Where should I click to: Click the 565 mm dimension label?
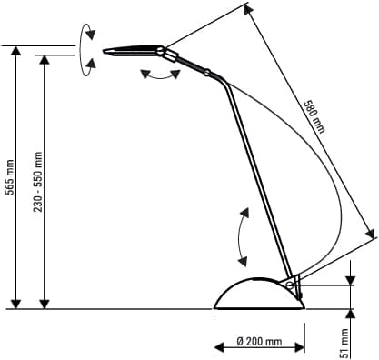click(x=10, y=177)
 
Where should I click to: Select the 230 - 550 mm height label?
click(x=38, y=182)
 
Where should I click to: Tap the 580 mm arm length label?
click(x=314, y=116)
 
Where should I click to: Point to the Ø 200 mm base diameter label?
click(x=259, y=342)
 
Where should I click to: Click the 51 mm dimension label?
click(x=344, y=344)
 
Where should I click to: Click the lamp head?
click(x=134, y=50)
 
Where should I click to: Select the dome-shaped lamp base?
click(x=259, y=294)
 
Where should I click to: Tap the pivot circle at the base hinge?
click(x=290, y=285)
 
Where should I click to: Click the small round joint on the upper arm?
click(x=207, y=73)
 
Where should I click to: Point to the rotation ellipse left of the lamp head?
click(x=81, y=50)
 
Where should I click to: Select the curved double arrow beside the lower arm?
click(x=239, y=237)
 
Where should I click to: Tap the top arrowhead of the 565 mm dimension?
click(x=15, y=50)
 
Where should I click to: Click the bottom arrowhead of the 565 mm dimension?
click(x=15, y=305)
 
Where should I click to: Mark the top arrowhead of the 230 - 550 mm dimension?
click(x=45, y=60)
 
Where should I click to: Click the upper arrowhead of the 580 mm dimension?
click(x=248, y=10)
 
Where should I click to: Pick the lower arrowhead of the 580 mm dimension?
click(x=370, y=234)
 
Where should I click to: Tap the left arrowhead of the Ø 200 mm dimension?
click(x=219, y=347)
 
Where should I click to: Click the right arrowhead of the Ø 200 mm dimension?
click(x=300, y=347)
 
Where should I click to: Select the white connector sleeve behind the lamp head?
click(x=170, y=55)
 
